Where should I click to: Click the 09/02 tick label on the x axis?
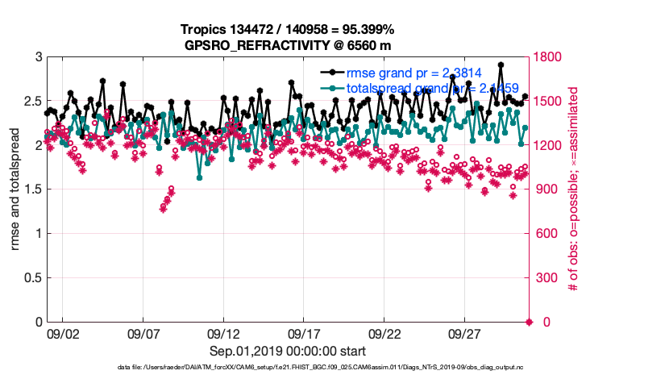coord(63,332)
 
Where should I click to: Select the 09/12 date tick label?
coord(224,332)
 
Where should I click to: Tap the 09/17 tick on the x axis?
coord(305,332)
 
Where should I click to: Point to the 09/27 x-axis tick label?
coord(465,332)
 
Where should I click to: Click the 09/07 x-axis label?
coord(143,332)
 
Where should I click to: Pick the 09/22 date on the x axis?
coord(384,332)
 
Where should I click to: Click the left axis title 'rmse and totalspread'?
coord(16,189)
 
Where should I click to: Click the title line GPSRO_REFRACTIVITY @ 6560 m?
coord(288,45)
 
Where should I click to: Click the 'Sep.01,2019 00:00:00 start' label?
coord(288,351)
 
